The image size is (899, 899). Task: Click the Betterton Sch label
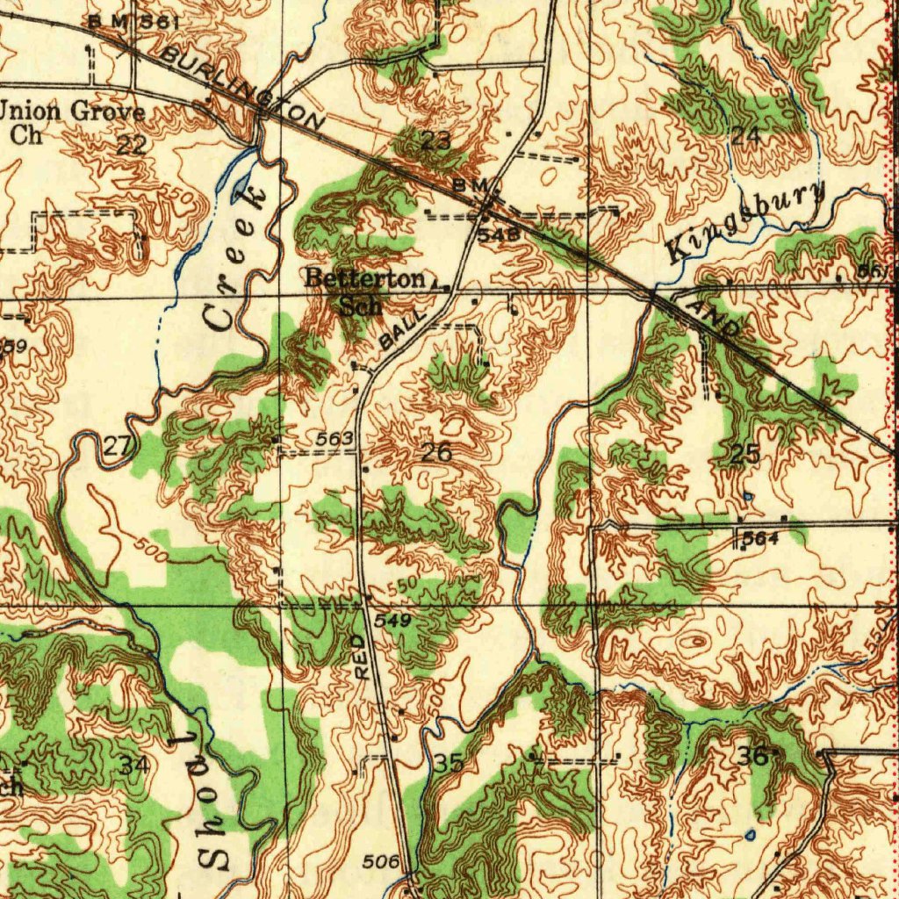coord(364,291)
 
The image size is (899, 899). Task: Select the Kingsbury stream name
coord(747,220)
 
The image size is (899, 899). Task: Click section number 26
coord(436,453)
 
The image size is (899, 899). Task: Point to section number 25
coord(745,454)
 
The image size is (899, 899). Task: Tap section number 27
coord(118,446)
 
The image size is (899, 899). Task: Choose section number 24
coord(745,136)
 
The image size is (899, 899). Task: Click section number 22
coord(132,146)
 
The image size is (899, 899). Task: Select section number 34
coord(134,765)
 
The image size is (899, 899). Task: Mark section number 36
coord(753,756)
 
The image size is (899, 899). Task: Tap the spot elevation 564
coord(760,538)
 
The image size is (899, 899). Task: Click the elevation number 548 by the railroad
coord(493,235)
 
